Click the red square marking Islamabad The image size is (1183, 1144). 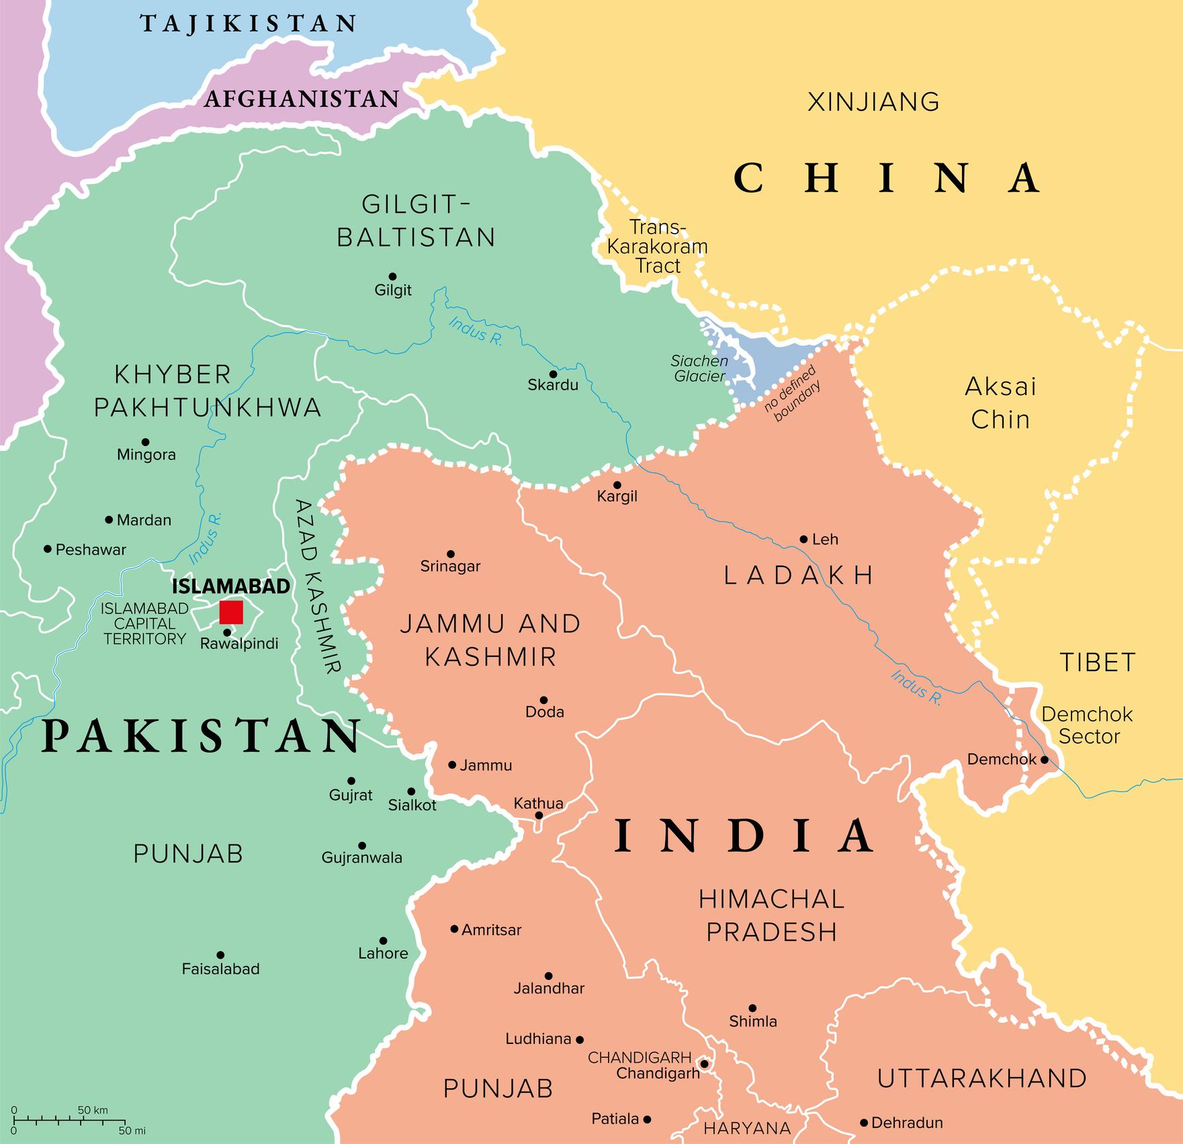(231, 612)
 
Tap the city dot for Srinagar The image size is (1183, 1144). (451, 554)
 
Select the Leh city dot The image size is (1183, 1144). (803, 539)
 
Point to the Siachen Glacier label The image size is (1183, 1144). (699, 368)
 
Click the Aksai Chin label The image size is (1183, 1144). (1000, 403)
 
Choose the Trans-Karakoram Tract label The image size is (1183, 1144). (658, 247)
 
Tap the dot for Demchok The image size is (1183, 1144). (1045, 760)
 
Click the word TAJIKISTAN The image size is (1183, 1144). (248, 24)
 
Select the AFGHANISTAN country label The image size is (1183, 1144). (302, 99)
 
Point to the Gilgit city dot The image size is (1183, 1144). (392, 276)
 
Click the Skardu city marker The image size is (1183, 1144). (553, 374)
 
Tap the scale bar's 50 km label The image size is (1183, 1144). (92, 1110)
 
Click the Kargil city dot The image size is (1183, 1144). (617, 485)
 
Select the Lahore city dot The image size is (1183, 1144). (383, 941)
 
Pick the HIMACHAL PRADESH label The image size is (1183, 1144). (771, 916)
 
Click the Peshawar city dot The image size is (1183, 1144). (48, 549)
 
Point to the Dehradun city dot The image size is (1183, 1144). (864, 1123)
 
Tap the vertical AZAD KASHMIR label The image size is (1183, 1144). (318, 585)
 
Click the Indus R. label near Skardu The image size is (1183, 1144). (476, 331)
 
